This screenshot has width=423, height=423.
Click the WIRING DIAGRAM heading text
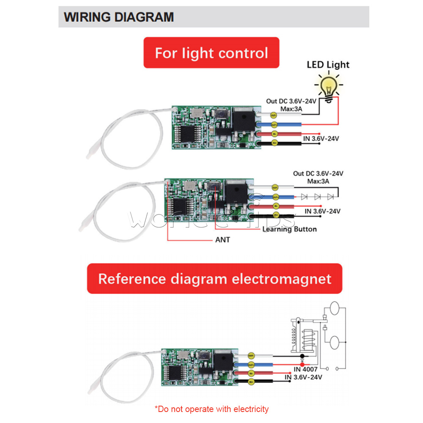coord(119,17)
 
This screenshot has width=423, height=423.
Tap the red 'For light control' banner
coord(211,53)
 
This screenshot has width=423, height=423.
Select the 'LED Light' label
coord(328,65)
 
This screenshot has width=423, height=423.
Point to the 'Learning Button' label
coord(289,229)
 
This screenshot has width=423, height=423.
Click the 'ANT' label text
coord(222,240)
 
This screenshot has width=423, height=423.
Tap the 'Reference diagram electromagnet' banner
coord(214,279)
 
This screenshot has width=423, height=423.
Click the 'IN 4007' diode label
coord(302,369)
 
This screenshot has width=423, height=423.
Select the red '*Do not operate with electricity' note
coord(211,409)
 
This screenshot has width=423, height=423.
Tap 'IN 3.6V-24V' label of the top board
coord(321,138)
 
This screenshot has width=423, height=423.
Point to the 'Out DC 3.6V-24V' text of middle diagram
coord(318,174)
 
